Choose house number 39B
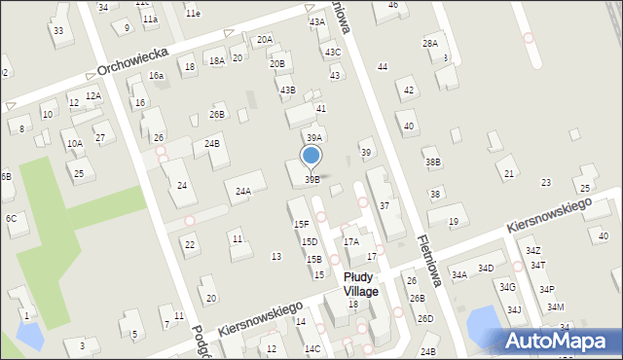(x=311, y=179)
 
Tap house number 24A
(x=243, y=192)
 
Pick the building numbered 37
(x=385, y=205)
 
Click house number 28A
(x=429, y=44)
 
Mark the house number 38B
(x=433, y=162)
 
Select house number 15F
(x=302, y=224)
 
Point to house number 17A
(x=351, y=241)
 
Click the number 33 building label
(x=58, y=31)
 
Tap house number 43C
(x=333, y=53)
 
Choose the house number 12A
(x=93, y=95)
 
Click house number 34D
(x=486, y=268)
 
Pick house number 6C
(x=11, y=219)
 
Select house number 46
(x=392, y=5)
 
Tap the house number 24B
(x=211, y=144)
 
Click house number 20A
(x=265, y=40)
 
